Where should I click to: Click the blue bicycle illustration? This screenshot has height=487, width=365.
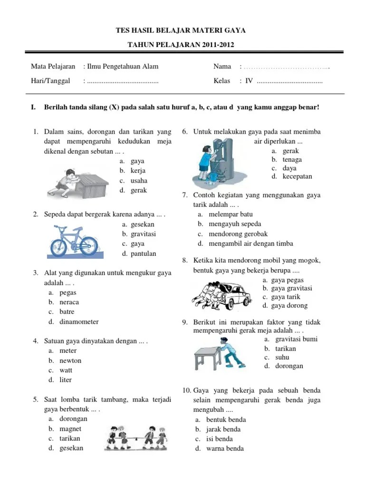pos(73,241)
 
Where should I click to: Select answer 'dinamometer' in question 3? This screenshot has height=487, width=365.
pos(79,321)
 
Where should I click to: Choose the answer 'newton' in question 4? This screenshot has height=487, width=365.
pos(70,360)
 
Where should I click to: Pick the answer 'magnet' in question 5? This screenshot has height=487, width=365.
pos(70,429)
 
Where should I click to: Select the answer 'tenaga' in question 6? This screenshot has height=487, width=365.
pos(292,160)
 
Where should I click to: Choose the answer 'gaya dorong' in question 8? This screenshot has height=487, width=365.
pos(289,305)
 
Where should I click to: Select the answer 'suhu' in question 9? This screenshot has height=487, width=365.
pos(282,357)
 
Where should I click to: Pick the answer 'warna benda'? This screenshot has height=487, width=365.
pos(225,448)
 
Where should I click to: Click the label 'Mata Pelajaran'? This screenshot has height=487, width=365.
pos(53,67)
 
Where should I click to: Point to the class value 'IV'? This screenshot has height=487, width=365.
pos(249,81)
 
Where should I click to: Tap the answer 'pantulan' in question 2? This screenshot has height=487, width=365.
pos(144,253)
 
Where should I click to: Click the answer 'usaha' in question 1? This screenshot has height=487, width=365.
pos(139,180)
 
